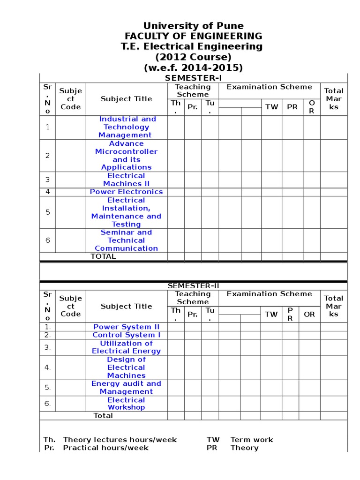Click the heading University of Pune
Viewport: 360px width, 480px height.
[x=193, y=26]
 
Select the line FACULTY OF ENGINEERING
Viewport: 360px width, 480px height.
[x=193, y=36]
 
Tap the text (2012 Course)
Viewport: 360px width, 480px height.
[x=193, y=57]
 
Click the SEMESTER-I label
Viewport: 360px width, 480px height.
[x=193, y=78]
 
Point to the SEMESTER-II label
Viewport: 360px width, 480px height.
[x=193, y=286]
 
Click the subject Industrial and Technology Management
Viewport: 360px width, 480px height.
[x=127, y=127]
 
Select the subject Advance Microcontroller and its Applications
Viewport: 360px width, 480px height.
[x=126, y=155]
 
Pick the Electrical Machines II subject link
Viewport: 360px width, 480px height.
[x=126, y=180]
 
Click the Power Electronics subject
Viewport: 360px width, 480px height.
[x=126, y=192]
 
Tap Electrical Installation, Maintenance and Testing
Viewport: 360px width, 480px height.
[x=126, y=212]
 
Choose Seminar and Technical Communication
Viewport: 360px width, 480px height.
[x=126, y=240]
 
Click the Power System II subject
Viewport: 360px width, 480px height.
[x=126, y=327]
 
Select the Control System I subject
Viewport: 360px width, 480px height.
[x=126, y=335]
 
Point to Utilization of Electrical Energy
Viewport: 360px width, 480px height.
[x=126, y=347]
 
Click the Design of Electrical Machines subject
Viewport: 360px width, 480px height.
[x=126, y=367]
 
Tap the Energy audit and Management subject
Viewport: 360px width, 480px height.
[x=126, y=387]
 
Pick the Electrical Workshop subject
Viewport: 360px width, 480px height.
[x=126, y=404]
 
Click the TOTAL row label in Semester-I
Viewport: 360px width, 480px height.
[x=103, y=256]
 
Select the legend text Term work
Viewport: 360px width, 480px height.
[x=252, y=440]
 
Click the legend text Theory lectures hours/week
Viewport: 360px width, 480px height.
[x=120, y=440]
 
